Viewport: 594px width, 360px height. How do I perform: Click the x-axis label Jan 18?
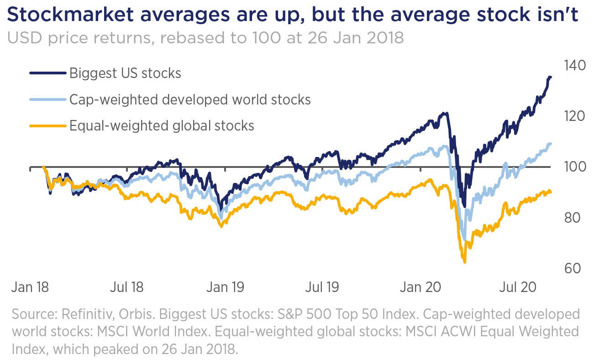(x=30, y=288)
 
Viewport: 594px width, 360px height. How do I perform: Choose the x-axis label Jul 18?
(x=126, y=288)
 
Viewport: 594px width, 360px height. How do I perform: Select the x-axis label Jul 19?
(x=322, y=288)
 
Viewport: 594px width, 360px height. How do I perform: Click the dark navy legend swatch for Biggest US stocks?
(x=47, y=73)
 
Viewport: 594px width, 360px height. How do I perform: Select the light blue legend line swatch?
(x=47, y=99)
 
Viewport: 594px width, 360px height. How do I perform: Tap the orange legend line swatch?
(x=47, y=125)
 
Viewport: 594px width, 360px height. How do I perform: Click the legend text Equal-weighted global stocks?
(x=162, y=125)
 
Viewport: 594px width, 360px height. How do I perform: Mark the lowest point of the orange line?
(x=464, y=262)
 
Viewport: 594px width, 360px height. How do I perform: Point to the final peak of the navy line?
(x=549, y=77)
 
